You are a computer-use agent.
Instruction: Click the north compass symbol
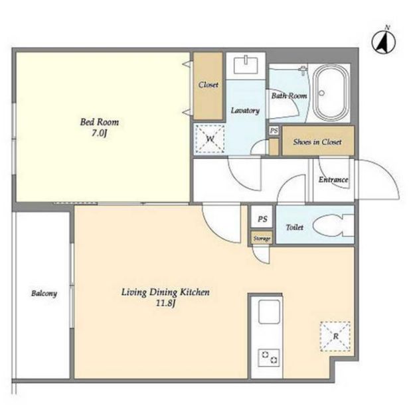384,42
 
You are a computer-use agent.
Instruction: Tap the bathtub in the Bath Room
331,93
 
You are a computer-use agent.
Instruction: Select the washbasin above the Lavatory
246,66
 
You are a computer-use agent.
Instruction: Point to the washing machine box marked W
210,139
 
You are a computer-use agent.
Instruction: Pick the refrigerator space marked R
335,336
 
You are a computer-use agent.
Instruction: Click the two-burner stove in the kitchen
269,357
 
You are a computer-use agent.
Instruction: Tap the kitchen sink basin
269,312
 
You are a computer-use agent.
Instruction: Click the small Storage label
262,239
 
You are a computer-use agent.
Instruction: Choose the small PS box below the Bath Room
274,131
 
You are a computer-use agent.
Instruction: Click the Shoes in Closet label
317,142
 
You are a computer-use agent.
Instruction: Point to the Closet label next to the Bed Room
208,85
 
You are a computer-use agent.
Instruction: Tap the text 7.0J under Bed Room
99,133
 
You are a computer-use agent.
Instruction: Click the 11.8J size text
165,303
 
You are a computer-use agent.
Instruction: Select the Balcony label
44,294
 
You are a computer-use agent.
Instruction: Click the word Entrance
333,180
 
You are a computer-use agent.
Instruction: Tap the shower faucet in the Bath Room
302,71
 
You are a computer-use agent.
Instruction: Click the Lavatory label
245,111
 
